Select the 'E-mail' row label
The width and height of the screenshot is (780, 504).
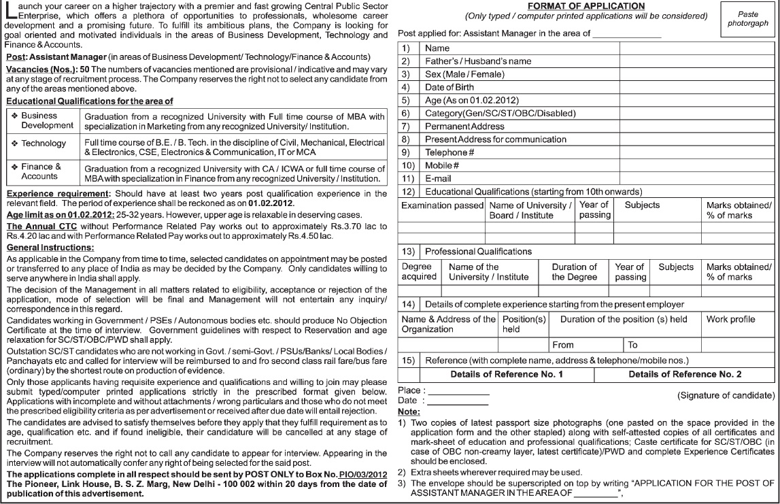tap(438, 178)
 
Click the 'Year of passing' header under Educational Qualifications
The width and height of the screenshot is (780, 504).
tap(595, 209)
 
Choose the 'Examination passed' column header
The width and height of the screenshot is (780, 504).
tap(442, 205)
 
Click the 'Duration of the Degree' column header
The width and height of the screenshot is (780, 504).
tap(574, 272)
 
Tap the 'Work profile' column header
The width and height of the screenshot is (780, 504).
tap(731, 319)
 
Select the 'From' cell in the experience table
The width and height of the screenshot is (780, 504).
tap(563, 345)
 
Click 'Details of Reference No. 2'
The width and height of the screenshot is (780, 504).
tap(685, 374)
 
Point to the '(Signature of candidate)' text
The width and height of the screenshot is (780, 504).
tap(726, 395)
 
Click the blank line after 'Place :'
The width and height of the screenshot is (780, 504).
tap(458, 391)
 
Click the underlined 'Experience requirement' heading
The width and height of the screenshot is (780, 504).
tap(58, 194)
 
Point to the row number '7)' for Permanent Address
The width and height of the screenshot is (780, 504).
tap(406, 127)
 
